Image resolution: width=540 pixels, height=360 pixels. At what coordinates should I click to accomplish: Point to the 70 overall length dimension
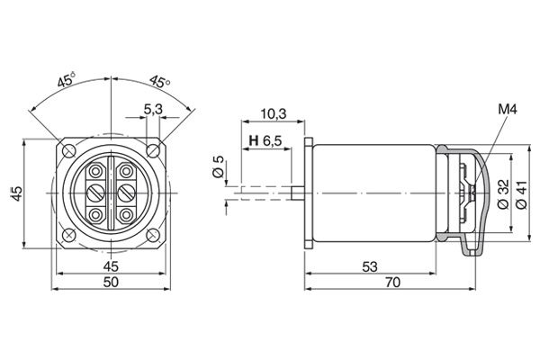pyautogui.click(x=392, y=283)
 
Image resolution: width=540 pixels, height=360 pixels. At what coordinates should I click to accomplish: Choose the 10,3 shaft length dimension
pyautogui.click(x=271, y=114)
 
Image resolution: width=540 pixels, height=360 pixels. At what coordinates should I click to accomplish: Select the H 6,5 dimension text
pyautogui.click(x=265, y=141)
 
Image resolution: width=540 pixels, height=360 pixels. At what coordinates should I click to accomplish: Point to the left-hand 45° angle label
pyautogui.click(x=65, y=80)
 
